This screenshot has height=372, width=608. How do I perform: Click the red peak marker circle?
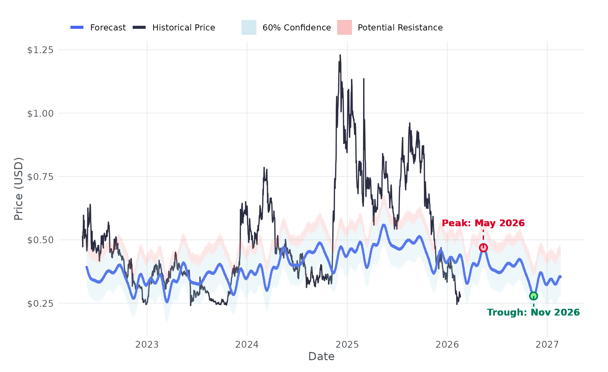pyautogui.click(x=483, y=248)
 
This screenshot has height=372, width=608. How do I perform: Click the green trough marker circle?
pyautogui.click(x=533, y=296)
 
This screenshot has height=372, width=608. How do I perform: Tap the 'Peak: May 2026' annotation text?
pyautogui.click(x=483, y=223)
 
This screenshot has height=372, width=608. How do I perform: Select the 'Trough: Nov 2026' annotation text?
pyautogui.click(x=533, y=312)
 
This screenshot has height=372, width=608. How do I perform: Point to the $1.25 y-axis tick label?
pyautogui.click(x=40, y=50)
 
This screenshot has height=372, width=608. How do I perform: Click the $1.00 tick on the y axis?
pyautogui.click(x=40, y=114)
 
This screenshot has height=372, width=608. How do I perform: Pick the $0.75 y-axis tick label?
pyautogui.click(x=40, y=177)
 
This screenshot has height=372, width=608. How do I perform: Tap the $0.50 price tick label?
pyautogui.click(x=40, y=240)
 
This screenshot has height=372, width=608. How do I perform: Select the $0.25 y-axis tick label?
pyautogui.click(x=40, y=304)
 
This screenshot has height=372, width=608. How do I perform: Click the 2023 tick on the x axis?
pyautogui.click(x=147, y=345)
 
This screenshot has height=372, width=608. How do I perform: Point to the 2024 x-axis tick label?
pyautogui.click(x=247, y=345)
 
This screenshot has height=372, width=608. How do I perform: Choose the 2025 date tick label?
pyautogui.click(x=347, y=345)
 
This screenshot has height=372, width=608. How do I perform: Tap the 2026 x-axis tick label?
pyautogui.click(x=447, y=345)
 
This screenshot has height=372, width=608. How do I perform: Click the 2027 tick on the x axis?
pyautogui.click(x=547, y=345)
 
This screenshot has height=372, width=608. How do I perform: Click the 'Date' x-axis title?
pyautogui.click(x=321, y=356)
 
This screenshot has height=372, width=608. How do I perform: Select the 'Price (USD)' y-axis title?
pyautogui.click(x=19, y=189)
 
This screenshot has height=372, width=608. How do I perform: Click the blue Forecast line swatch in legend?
pyautogui.click(x=77, y=27)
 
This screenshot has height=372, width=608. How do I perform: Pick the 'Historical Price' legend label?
pyautogui.click(x=183, y=27)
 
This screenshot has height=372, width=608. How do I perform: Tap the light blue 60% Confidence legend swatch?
pyautogui.click(x=249, y=27)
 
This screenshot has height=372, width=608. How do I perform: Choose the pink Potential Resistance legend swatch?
pyautogui.click(x=345, y=27)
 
